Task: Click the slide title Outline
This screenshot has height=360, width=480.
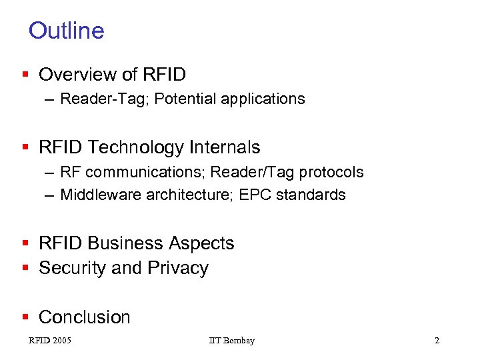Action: coord(67,31)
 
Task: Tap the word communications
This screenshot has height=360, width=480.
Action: coord(147,172)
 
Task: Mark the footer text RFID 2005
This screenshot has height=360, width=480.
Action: coord(50,341)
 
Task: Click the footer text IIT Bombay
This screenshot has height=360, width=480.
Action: coord(231,341)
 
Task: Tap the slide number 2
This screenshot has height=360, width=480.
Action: coord(437,341)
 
